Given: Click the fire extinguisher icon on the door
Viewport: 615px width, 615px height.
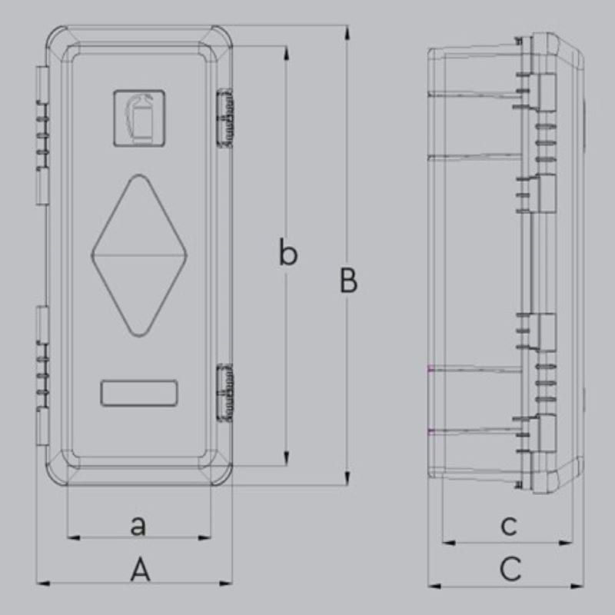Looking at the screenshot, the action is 139,118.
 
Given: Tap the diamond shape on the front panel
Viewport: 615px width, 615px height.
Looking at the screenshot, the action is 139,255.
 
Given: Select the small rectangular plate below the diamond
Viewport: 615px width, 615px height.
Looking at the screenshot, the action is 139,393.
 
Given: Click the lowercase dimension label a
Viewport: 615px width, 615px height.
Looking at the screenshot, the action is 138,526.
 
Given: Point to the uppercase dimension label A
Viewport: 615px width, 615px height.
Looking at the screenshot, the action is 140,570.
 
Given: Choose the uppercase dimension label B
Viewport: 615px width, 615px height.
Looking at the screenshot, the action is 348,281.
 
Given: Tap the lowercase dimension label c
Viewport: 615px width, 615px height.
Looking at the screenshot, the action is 509,526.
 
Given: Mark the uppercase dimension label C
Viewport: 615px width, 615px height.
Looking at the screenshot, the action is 510,569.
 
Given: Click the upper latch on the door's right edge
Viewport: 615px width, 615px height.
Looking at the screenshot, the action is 225,118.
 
